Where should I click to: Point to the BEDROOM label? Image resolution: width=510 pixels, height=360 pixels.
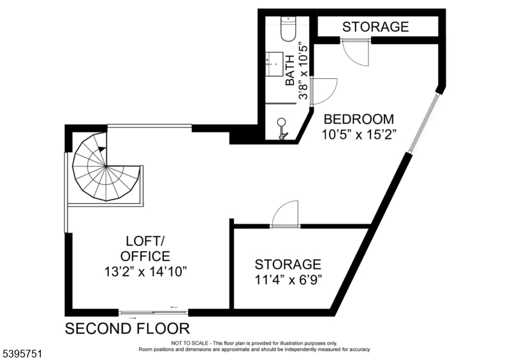tap(359, 119)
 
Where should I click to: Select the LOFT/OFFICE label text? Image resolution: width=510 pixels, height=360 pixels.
tap(145, 248)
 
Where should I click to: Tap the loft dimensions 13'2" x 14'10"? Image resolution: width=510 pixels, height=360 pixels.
tap(145, 271)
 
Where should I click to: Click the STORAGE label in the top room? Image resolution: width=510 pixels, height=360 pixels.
tap(375, 27)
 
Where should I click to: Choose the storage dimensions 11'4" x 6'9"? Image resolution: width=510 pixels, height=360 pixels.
tap(288, 280)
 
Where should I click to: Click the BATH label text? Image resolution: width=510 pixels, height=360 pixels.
tap(290, 70)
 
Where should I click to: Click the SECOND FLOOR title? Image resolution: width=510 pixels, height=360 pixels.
tap(127, 329)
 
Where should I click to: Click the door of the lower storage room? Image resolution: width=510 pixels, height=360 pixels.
tap(285, 215)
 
